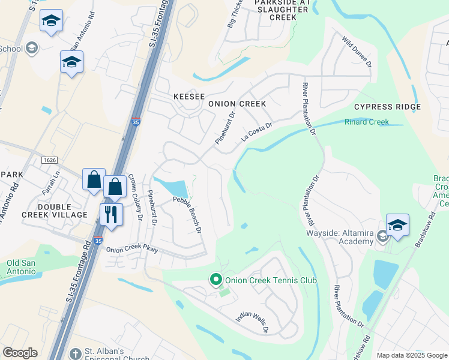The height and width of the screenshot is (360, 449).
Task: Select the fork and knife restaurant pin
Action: coord(111,215)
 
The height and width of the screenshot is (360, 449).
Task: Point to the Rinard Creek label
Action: coord(366,122)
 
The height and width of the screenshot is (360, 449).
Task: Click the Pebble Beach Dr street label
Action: coord(187,215)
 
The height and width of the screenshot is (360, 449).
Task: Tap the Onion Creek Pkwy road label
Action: coord(132,250)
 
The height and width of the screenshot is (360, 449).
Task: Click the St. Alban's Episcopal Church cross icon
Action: coord(75,353)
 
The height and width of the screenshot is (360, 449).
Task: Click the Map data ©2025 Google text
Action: coord(411,355)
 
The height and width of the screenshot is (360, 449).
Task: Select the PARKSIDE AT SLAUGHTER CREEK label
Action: coord(276,10)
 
